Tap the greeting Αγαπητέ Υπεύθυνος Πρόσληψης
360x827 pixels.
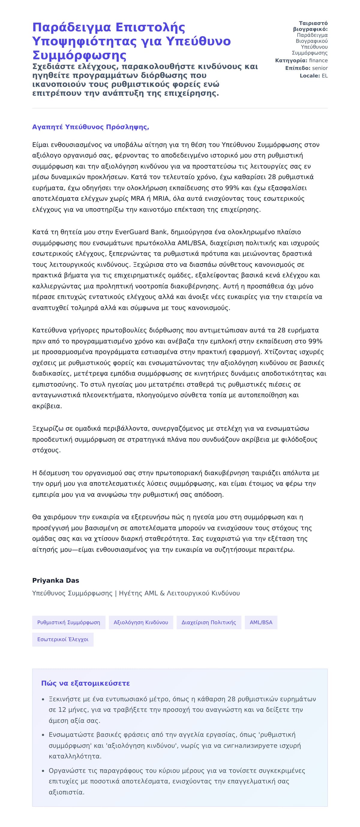click(x=90, y=127)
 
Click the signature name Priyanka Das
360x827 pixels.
click(x=55, y=580)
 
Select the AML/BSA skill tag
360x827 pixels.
click(x=261, y=622)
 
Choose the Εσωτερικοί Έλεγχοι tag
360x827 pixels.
click(x=63, y=639)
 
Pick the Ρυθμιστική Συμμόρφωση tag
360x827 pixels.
click(x=68, y=622)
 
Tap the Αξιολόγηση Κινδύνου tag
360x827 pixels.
click(x=141, y=622)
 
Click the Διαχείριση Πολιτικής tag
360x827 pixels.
click(x=209, y=622)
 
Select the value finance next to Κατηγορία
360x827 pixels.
click(x=318, y=60)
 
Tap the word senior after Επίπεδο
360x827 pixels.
click(x=320, y=68)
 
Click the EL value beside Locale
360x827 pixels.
click(x=325, y=76)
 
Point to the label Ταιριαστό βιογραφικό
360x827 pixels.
click(x=310, y=26)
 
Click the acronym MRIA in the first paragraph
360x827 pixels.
click(x=161, y=198)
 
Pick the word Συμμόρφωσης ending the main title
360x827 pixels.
click(x=79, y=55)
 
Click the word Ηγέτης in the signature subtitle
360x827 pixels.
click(x=130, y=593)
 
